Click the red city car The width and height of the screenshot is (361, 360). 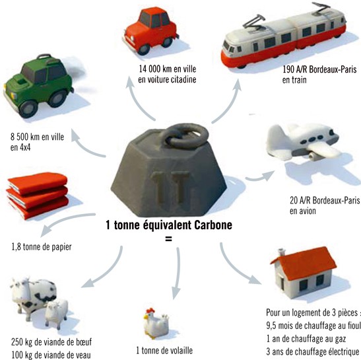[x=150, y=30]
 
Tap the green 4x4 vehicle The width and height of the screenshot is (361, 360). [x=39, y=85]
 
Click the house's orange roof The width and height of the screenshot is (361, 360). [x=304, y=263]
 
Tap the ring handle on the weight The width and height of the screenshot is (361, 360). [x=184, y=136]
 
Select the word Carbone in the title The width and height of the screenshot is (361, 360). [x=213, y=225]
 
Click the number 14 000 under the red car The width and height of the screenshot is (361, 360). [x=149, y=69]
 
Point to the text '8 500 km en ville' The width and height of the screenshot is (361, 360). [x=38, y=137]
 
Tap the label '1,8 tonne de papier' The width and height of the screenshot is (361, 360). [x=42, y=247]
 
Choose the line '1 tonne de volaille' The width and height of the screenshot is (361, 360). [x=164, y=351]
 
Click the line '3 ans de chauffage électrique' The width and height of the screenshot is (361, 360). [x=312, y=351]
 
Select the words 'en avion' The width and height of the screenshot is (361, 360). [x=302, y=211]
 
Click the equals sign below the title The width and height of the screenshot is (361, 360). [x=168, y=239]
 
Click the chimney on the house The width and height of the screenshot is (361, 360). [x=281, y=252]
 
